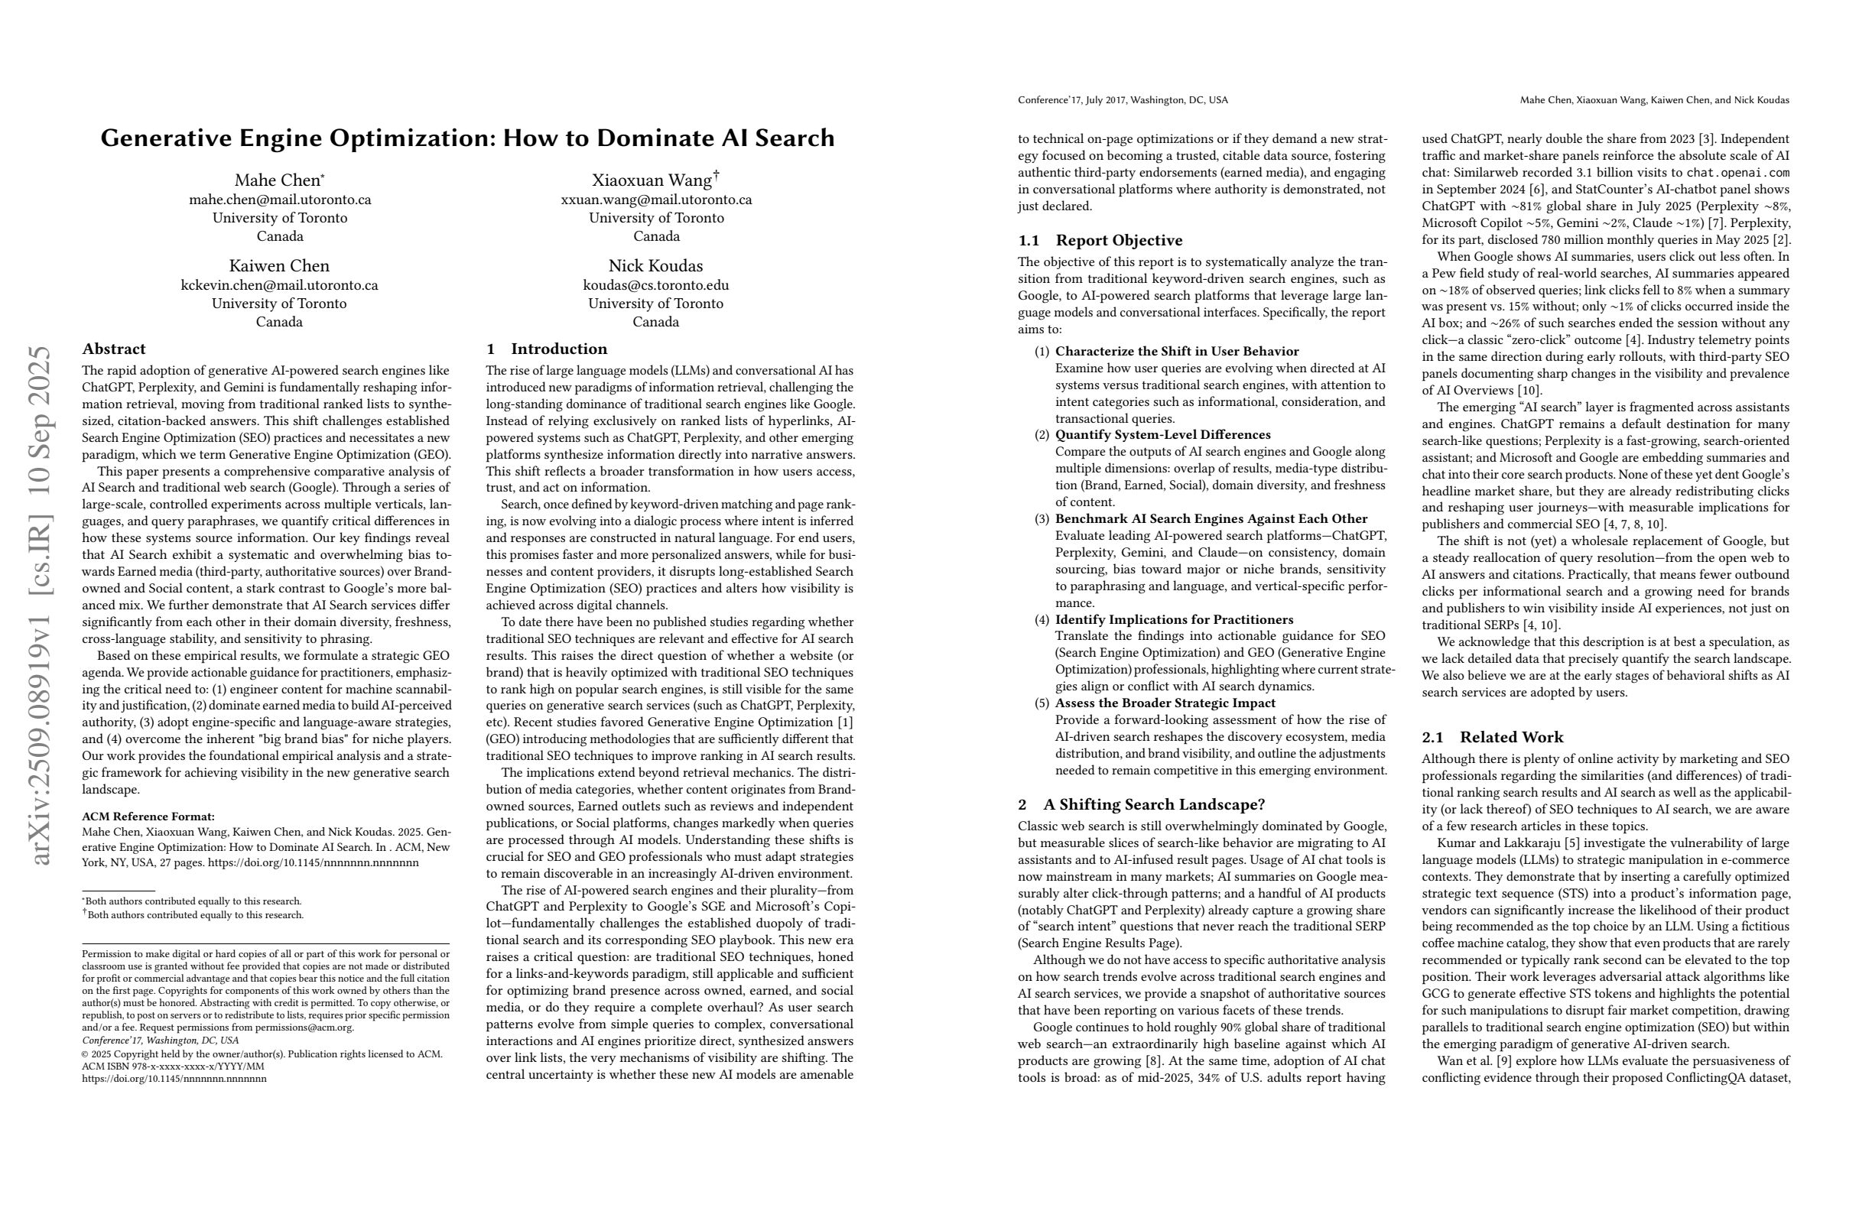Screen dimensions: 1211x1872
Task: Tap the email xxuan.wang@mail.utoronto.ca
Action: tap(656, 200)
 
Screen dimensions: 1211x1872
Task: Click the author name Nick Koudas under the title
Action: tap(655, 266)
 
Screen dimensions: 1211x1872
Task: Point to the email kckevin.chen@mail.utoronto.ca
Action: tap(279, 285)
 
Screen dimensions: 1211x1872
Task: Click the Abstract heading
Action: tap(114, 349)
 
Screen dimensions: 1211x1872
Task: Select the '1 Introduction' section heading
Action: tap(547, 349)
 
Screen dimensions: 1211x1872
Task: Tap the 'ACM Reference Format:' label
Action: tap(148, 817)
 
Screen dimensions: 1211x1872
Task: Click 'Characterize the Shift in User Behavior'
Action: tap(1177, 352)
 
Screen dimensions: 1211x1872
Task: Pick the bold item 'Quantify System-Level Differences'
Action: tap(1162, 435)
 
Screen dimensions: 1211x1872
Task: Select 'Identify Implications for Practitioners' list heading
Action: tap(1174, 620)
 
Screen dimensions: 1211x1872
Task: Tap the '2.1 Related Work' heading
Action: tap(1492, 738)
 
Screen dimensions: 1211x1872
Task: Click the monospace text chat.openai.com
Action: tap(1737, 173)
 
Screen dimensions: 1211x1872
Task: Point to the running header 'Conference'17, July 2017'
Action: tap(1123, 101)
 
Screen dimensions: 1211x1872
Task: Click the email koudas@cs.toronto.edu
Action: tap(655, 285)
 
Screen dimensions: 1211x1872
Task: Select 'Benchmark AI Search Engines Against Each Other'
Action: tap(1211, 519)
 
